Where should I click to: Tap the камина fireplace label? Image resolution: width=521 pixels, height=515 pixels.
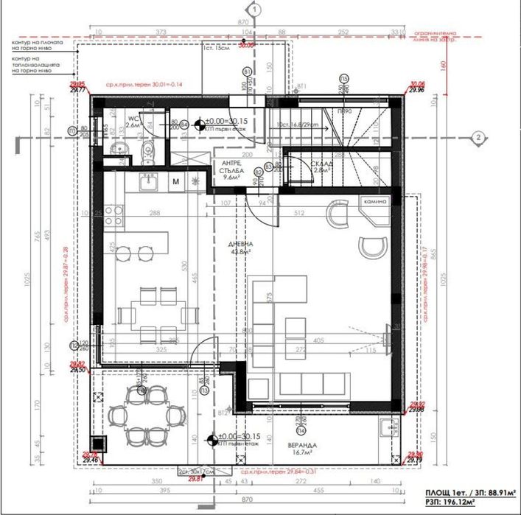coord(374,200)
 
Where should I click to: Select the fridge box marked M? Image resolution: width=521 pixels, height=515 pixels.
coord(176,181)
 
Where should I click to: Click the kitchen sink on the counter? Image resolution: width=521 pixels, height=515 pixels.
coord(147,181)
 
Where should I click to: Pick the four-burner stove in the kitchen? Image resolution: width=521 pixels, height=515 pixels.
coord(113,214)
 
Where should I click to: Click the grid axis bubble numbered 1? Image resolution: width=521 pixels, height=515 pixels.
coord(253,10)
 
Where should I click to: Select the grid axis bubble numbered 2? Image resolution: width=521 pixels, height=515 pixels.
coord(478,136)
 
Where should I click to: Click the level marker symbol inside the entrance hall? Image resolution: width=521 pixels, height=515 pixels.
coord(199,123)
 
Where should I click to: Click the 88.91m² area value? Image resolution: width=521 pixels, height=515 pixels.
coord(489,493)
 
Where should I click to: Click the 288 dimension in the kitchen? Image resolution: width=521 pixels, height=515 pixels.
coord(155,214)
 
